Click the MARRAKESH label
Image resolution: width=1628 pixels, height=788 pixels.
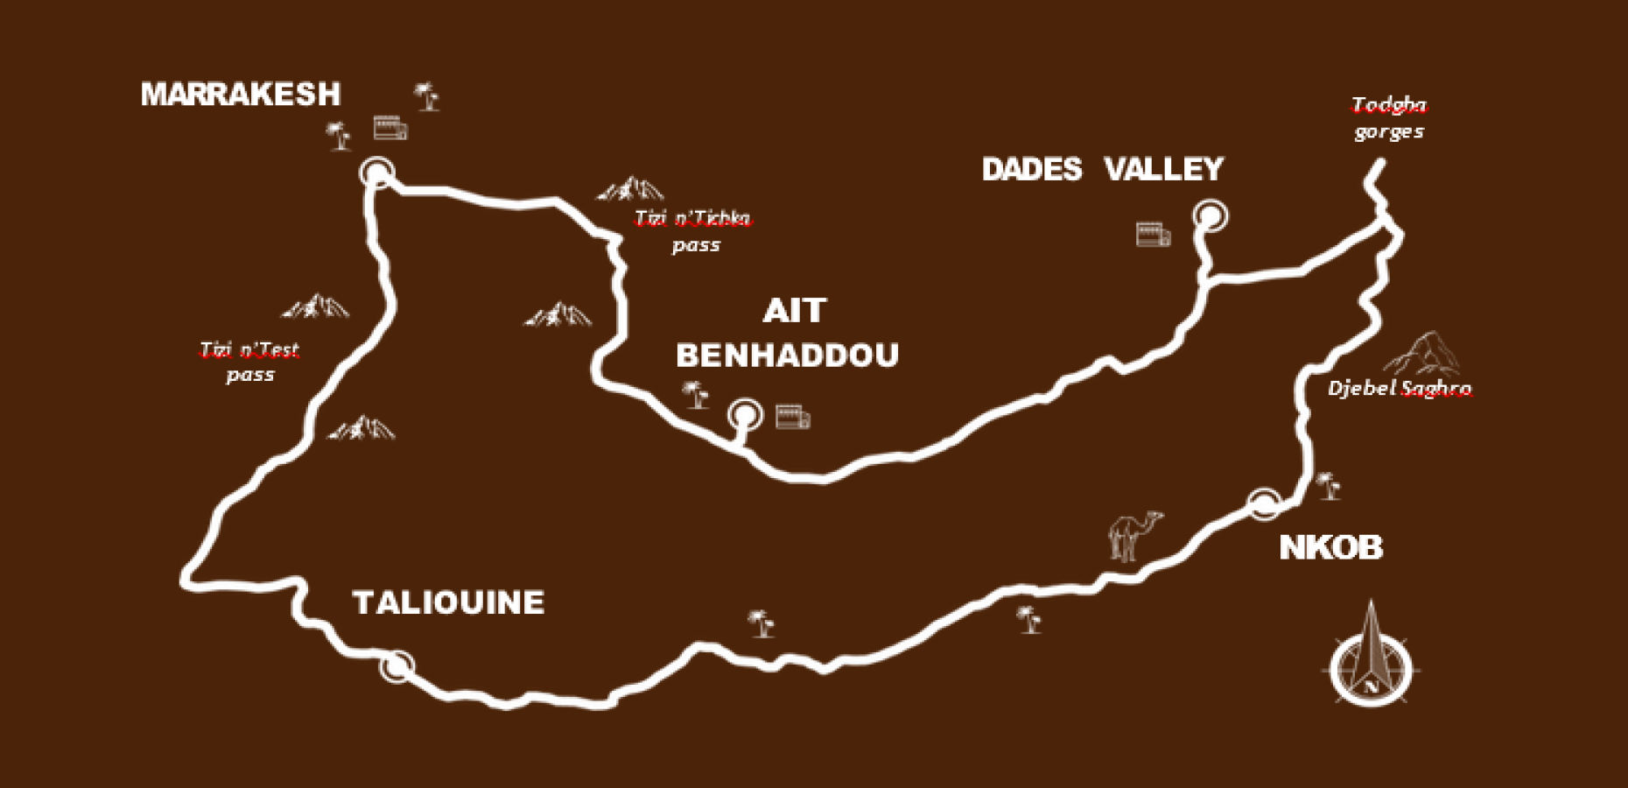[241, 94]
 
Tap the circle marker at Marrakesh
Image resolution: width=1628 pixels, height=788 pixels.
[377, 172]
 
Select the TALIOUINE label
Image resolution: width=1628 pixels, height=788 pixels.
[448, 602]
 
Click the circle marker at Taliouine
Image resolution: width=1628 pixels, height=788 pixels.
[396, 666]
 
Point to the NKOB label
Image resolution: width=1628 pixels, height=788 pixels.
[1330, 547]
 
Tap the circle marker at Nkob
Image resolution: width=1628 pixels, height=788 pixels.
[1264, 503]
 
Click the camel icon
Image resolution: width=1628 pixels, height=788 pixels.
[1134, 534]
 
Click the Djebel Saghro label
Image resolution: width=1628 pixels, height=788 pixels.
[1399, 388]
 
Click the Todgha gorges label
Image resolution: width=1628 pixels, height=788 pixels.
[1389, 118]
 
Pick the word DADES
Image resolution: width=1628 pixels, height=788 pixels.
[1032, 169]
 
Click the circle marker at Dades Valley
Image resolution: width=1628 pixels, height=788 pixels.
[1210, 215]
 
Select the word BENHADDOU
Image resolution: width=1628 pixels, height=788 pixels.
[787, 355]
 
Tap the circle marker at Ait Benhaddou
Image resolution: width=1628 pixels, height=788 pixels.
[745, 414]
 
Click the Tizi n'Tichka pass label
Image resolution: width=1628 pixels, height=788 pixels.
[693, 230]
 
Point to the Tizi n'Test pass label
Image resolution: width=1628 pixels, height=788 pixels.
[249, 362]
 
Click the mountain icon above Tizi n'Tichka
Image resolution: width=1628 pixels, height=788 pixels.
[630, 188]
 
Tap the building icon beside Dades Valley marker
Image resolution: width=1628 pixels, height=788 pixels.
[1153, 235]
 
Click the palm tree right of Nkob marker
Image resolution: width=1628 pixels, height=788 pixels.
[1329, 486]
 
